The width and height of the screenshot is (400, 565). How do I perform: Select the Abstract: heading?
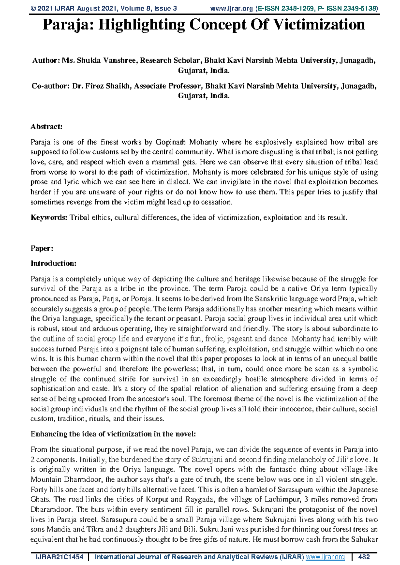pyautogui.click(x=46, y=127)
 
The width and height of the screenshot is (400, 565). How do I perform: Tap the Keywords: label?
pyautogui.click(x=49, y=218)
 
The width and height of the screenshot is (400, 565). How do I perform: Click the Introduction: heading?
pyautogui.click(x=53, y=264)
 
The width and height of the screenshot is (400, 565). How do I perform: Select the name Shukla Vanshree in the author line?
pyautogui.click(x=107, y=61)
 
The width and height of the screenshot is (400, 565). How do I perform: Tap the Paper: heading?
pyautogui.click(x=42, y=249)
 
